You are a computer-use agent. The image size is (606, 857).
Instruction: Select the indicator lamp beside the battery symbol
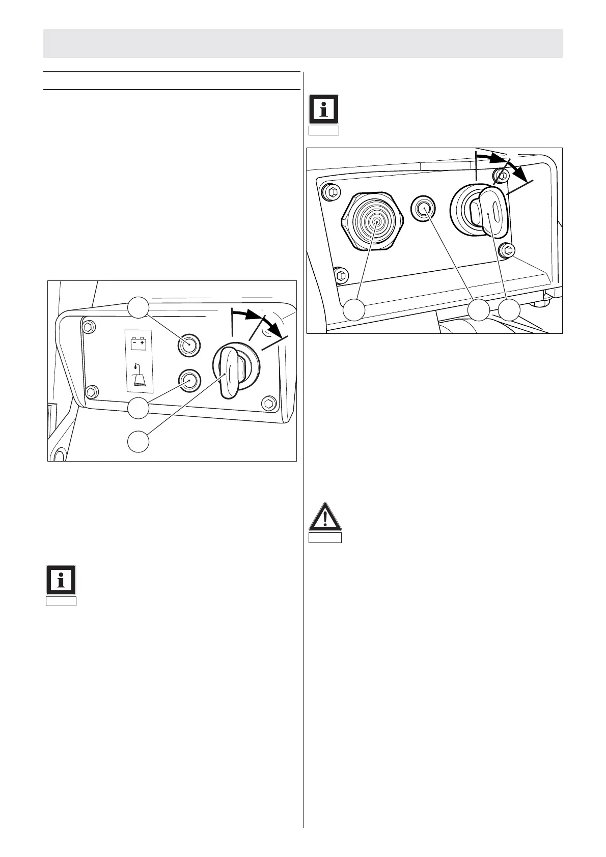(x=187, y=345)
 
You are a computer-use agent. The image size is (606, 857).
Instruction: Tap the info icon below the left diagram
(x=61, y=580)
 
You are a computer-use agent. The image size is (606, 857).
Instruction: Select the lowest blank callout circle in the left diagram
(x=139, y=441)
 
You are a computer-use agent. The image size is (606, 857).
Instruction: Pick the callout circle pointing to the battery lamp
(x=138, y=307)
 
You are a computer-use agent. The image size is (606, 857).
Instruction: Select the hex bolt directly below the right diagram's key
(x=506, y=250)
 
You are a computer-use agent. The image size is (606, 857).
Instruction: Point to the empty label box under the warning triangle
(x=325, y=538)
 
